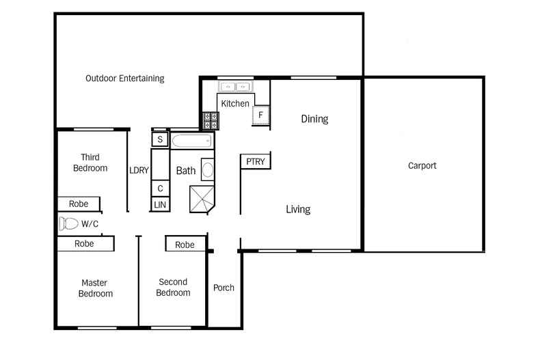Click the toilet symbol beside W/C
click(68, 223)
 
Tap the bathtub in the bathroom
click(192, 141)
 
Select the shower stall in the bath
click(203, 199)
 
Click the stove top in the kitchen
click(211, 121)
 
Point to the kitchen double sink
click(235, 87)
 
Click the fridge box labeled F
click(260, 115)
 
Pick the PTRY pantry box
click(255, 162)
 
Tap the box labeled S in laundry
click(160, 140)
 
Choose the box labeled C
click(160, 189)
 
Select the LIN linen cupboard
click(160, 204)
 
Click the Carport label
click(422, 165)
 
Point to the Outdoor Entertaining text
click(124, 79)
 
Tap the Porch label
click(224, 288)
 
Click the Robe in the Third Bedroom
click(78, 204)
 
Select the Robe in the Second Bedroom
click(185, 245)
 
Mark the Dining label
click(314, 119)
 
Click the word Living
click(298, 209)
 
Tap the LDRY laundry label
click(139, 171)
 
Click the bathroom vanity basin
click(208, 169)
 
